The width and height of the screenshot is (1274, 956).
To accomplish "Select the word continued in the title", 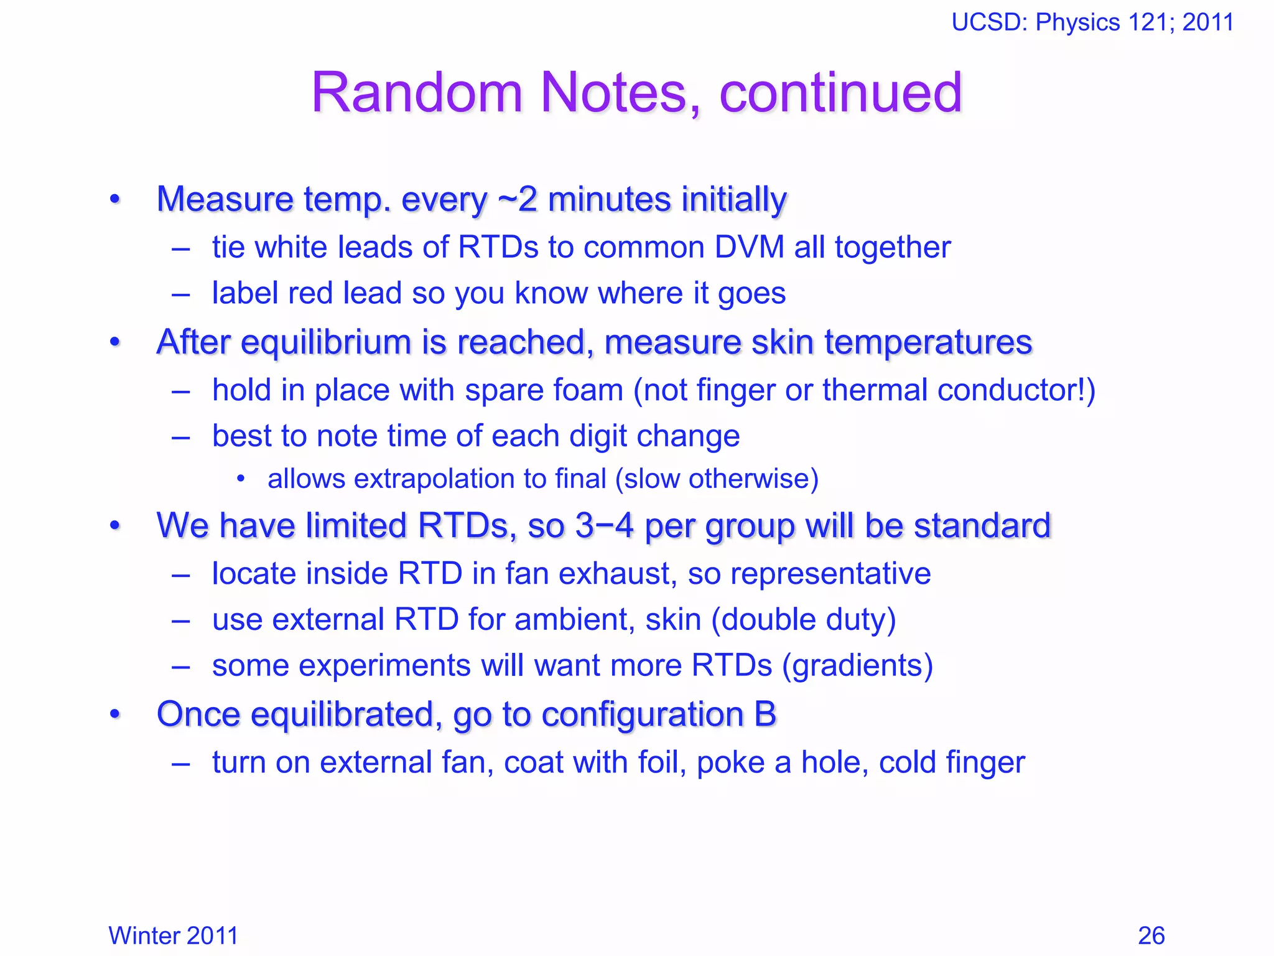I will point(840,93).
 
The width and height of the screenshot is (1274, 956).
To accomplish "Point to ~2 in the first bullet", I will point(517,199).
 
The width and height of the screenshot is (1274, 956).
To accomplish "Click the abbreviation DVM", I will point(750,247).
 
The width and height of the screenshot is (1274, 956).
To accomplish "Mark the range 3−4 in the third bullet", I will point(604,525).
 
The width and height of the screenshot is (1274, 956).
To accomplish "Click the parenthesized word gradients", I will point(858,665).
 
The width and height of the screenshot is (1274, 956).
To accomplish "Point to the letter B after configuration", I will point(765,714).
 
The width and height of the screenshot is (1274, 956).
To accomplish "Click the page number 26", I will point(1151,935).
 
